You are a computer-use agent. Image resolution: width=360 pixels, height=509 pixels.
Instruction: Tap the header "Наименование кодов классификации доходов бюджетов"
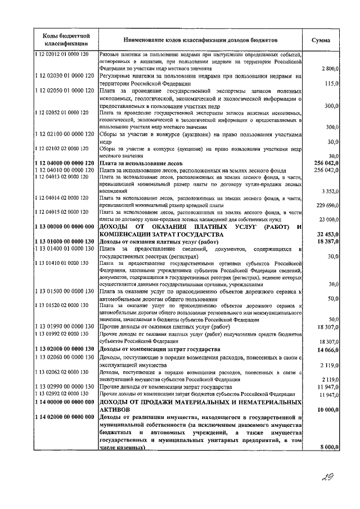click(x=201, y=40)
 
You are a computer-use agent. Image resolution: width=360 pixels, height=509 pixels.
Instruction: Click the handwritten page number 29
click(x=325, y=478)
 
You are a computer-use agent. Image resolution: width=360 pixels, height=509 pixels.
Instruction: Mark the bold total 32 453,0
click(x=326, y=234)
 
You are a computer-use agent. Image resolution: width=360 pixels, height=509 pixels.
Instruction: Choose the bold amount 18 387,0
click(x=326, y=241)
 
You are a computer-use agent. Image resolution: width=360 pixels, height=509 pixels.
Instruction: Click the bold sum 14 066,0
click(x=326, y=349)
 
